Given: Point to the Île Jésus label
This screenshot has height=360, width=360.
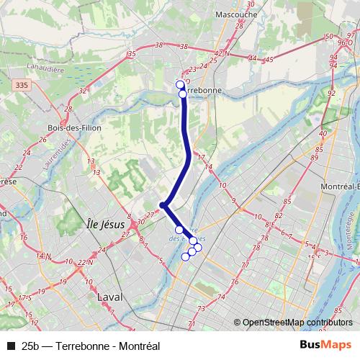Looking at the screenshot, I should tap(105, 224).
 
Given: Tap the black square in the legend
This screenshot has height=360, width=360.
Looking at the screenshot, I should tap(11, 345).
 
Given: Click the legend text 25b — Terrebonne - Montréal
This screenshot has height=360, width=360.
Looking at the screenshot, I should tap(91, 345).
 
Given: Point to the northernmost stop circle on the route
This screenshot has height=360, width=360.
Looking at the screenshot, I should tap(180, 84).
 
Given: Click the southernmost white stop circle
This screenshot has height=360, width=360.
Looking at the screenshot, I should tap(185, 256).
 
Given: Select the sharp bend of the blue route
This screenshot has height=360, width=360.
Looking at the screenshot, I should tap(163, 205).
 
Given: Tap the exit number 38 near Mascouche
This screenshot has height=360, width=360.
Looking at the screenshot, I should tap(184, 46).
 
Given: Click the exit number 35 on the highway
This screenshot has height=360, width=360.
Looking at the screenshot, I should tap(131, 54).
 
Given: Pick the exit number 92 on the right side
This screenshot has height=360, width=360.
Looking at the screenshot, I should tap(331, 93).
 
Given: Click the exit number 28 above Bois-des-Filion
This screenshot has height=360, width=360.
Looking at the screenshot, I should tap(68, 109).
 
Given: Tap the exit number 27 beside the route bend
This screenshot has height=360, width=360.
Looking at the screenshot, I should tap(150, 215).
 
